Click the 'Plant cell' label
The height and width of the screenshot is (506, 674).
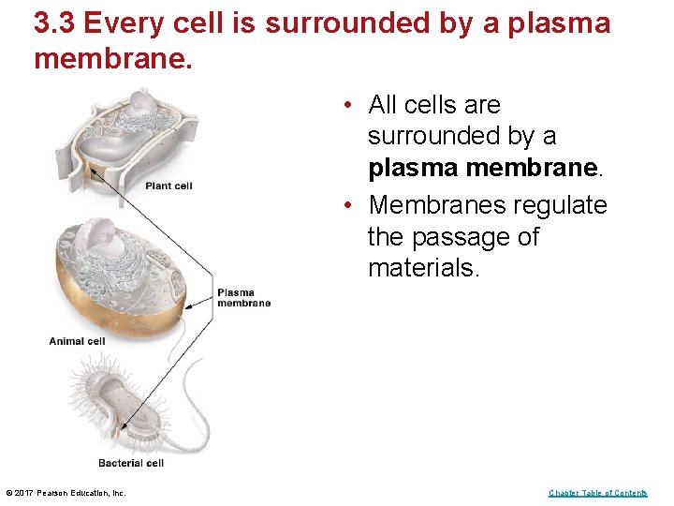pyautogui.click(x=168, y=186)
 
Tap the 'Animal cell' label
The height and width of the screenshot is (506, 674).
pyautogui.click(x=77, y=341)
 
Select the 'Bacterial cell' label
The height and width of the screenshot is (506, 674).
pyautogui.click(x=131, y=463)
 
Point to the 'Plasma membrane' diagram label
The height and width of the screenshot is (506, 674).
pyautogui.click(x=243, y=297)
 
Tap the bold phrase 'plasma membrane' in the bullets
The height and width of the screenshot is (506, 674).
pyautogui.click(x=482, y=168)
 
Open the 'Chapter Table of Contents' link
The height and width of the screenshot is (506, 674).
pyautogui.click(x=597, y=493)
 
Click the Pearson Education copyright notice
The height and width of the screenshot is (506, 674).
pyautogui.click(x=66, y=493)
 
